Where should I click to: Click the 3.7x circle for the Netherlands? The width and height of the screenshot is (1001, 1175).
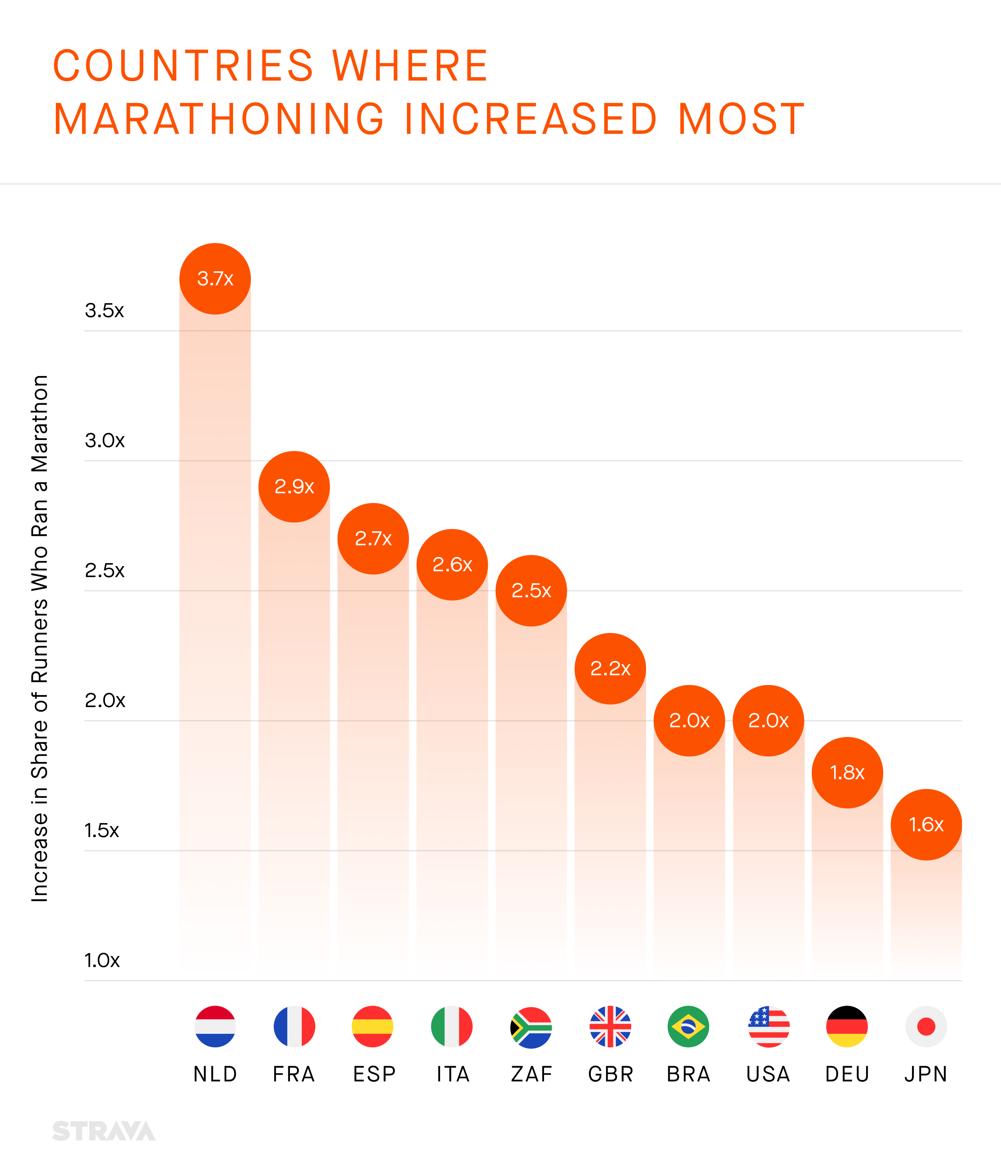[x=215, y=278]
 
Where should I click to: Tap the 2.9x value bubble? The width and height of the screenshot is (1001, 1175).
[x=294, y=486]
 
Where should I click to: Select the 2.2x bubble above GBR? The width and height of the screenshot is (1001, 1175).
[x=610, y=669]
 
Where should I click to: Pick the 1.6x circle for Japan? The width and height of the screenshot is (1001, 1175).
[x=926, y=824]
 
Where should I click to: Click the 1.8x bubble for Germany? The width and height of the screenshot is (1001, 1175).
[x=847, y=772]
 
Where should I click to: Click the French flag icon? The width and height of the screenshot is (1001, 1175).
[x=294, y=1027]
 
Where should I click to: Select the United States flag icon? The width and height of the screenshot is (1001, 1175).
[x=769, y=1027]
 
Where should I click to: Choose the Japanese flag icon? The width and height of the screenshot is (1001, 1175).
[x=926, y=1027]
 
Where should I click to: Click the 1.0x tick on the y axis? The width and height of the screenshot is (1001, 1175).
[x=102, y=961]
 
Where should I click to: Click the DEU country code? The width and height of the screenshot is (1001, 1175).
[x=847, y=1074]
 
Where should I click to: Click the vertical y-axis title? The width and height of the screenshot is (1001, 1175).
[x=40, y=638]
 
